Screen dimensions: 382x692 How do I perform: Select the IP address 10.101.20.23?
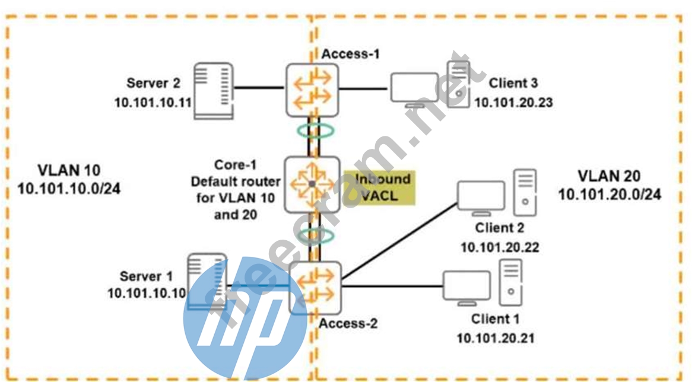[x=513, y=102]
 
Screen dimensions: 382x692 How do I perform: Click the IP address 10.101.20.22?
[x=500, y=247]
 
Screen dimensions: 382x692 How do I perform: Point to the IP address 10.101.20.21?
[x=496, y=338]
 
